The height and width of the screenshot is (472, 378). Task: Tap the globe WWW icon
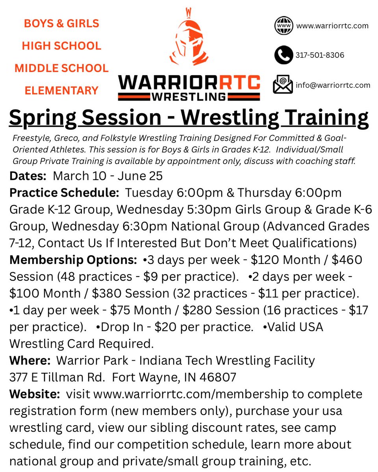pyautogui.click(x=283, y=26)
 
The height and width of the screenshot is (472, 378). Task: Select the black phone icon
pyautogui.click(x=283, y=55)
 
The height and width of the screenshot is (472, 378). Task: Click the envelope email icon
pyautogui.click(x=283, y=85)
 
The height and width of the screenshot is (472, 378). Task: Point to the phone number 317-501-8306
pyautogui.click(x=320, y=55)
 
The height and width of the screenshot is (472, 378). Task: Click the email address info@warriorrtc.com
pyautogui.click(x=333, y=85)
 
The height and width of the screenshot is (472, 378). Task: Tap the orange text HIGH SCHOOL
pyautogui.click(x=61, y=46)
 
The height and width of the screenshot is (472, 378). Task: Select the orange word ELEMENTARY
pyautogui.click(x=61, y=91)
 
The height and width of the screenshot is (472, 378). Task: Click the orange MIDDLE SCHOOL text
pyautogui.click(x=61, y=68)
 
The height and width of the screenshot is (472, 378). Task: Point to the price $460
pyautogui.click(x=349, y=260)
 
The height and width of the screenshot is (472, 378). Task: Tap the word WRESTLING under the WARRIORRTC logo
pyautogui.click(x=189, y=96)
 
